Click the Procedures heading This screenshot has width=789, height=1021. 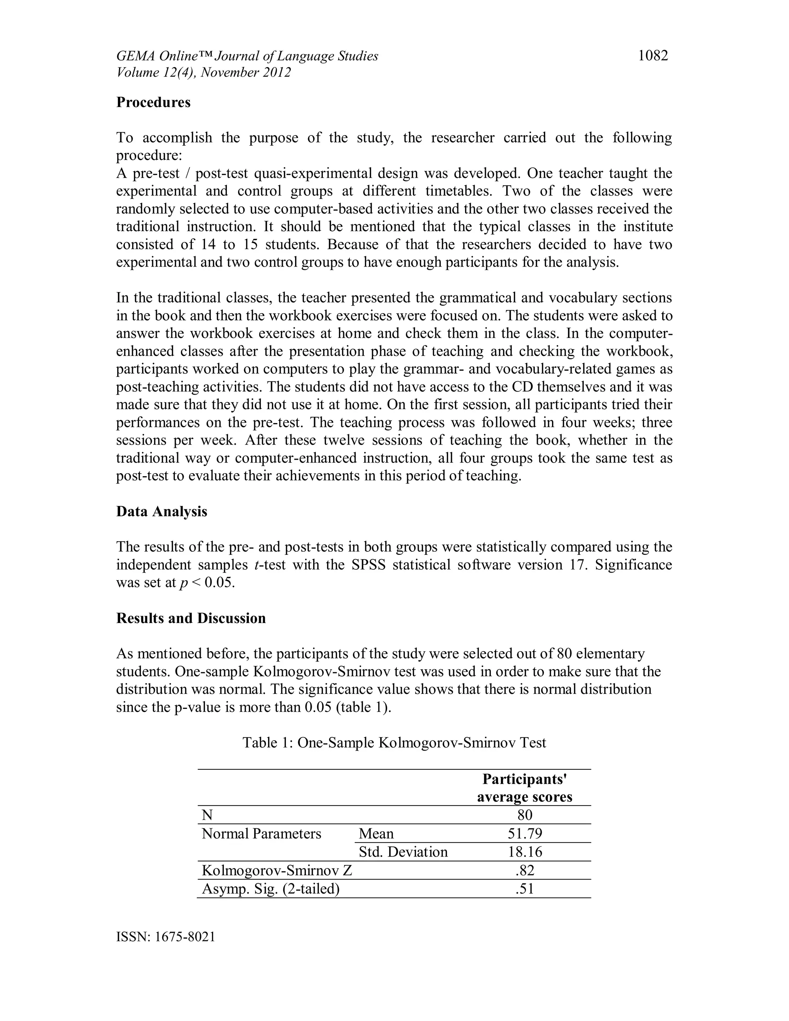pyautogui.click(x=153, y=102)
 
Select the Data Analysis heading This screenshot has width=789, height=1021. pyautogui.click(x=161, y=511)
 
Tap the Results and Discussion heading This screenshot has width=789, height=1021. pyautogui.click(x=191, y=618)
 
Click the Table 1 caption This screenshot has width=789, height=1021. pyautogui.click(x=394, y=742)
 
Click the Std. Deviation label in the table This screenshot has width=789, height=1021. pyautogui.click(x=403, y=852)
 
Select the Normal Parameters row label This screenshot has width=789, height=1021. pyautogui.click(x=261, y=833)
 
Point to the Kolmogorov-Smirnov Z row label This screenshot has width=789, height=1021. pyautogui.click(x=277, y=870)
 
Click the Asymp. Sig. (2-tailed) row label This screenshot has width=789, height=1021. pyautogui.click(x=270, y=889)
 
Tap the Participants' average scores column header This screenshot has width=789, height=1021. pyautogui.click(x=524, y=788)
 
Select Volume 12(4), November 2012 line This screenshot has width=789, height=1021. pyautogui.click(x=203, y=73)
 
